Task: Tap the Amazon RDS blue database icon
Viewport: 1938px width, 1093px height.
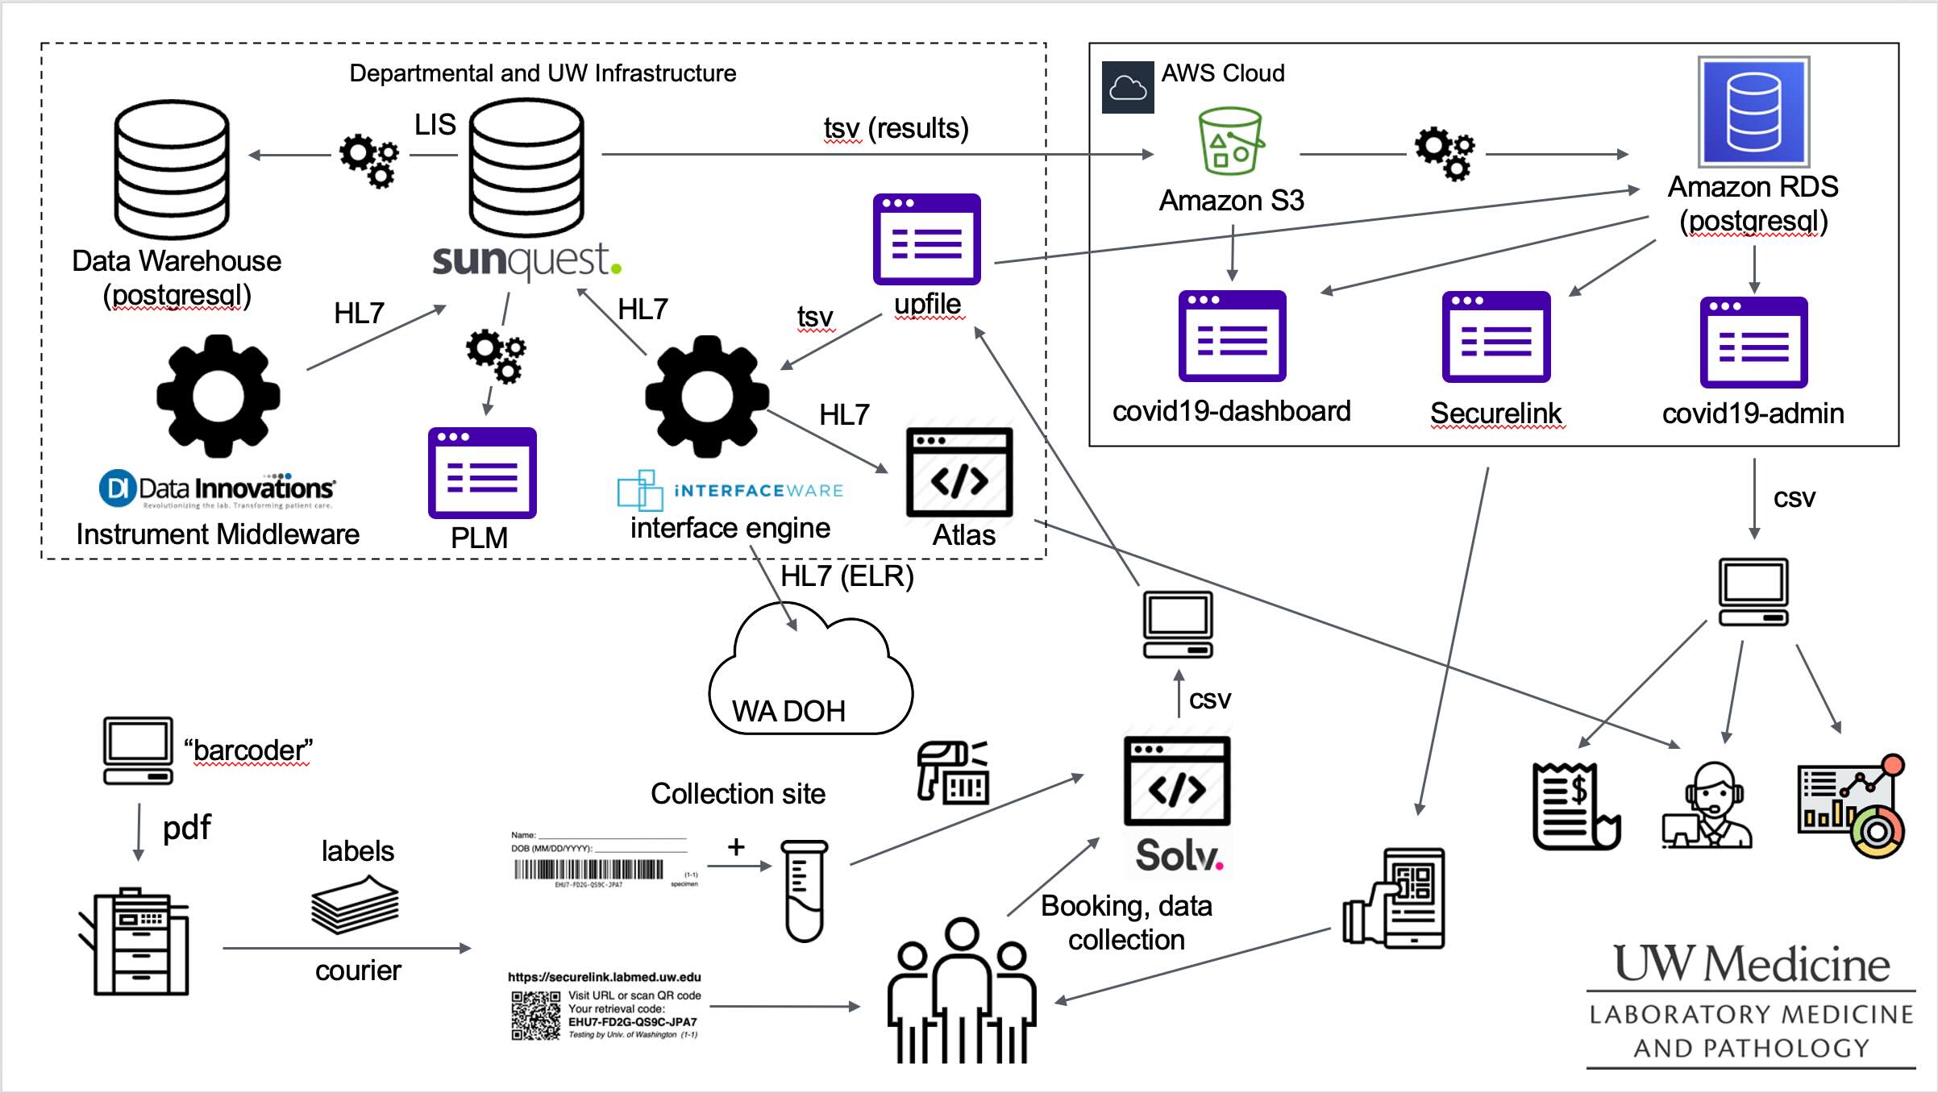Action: pos(1753,111)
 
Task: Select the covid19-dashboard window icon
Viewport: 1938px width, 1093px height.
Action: pos(1232,335)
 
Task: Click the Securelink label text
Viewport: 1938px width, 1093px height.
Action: pos(1495,413)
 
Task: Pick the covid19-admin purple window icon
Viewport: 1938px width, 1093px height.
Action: pos(1753,343)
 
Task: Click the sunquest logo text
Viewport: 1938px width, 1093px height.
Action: pos(526,260)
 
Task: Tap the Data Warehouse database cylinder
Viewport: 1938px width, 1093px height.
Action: pos(172,169)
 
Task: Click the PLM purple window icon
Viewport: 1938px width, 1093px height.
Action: pos(482,472)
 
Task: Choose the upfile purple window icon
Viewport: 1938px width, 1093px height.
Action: pos(926,239)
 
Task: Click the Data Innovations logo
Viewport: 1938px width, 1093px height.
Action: pos(216,489)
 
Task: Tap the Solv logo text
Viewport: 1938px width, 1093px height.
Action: pos(1178,855)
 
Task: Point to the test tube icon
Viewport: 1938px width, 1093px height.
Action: pos(804,891)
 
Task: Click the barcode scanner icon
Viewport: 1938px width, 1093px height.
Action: pos(953,772)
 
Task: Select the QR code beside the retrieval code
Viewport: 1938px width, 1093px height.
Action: pos(535,1016)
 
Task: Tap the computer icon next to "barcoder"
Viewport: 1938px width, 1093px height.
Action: pos(138,750)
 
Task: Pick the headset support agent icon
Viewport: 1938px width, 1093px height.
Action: pos(1707,806)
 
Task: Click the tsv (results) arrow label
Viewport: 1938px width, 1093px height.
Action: pos(896,128)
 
